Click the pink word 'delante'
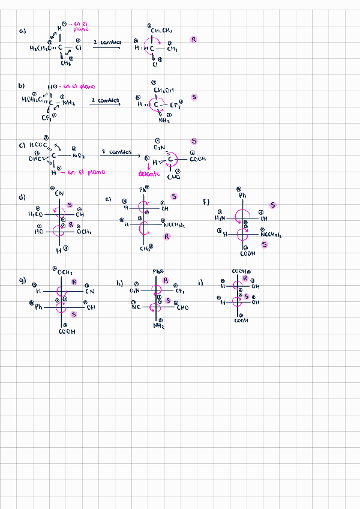[x=148, y=174]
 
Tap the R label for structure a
[x=194, y=40]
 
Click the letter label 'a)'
[x=23, y=32]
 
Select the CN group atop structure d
[x=59, y=193]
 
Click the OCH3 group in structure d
[x=84, y=232]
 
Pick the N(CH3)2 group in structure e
[x=174, y=226]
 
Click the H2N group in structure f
[x=220, y=218]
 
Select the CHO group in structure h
[x=182, y=308]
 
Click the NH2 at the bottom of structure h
[x=158, y=326]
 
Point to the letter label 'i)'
[x=200, y=282]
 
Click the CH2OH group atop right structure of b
[x=164, y=90]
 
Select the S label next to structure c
[x=194, y=141]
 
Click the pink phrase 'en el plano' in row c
[x=87, y=172]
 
